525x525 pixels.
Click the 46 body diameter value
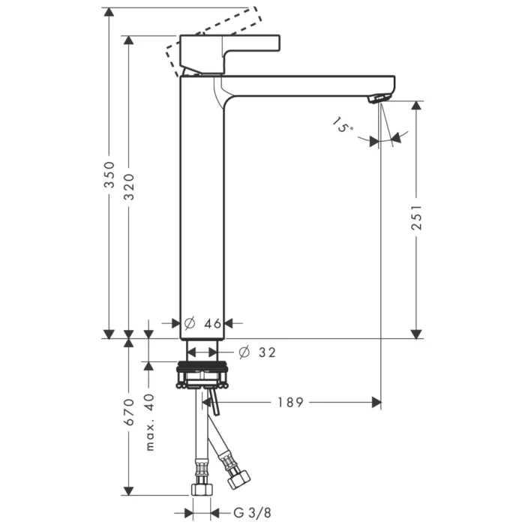tap(212, 323)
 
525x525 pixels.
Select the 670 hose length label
tap(128, 412)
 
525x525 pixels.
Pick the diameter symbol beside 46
tap(189, 323)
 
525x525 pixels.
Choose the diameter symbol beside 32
tap(243, 351)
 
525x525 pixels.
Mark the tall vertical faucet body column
tap(202, 210)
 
